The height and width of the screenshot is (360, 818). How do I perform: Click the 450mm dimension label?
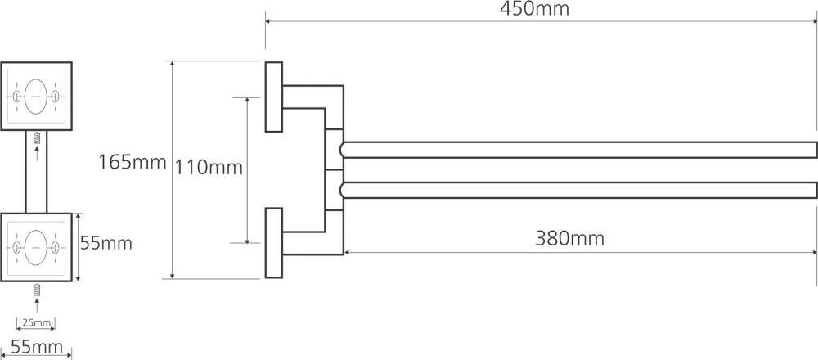[x=534, y=9]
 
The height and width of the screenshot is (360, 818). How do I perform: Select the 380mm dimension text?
[x=569, y=239]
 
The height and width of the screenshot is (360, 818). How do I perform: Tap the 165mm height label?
[x=132, y=162]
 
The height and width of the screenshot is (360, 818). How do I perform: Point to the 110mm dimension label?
[x=208, y=168]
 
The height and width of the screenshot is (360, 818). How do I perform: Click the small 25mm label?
[x=36, y=322]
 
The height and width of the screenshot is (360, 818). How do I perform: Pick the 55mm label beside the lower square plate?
[x=106, y=243]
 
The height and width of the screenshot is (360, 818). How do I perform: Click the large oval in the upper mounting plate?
[x=36, y=97]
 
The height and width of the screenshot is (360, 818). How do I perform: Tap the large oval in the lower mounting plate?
[x=36, y=247]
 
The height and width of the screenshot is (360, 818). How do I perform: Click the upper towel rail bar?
[x=578, y=150]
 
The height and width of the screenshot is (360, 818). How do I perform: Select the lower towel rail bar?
[x=578, y=191]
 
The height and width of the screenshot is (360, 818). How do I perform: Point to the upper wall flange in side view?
[x=274, y=97]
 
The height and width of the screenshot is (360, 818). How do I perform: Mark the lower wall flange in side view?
[x=274, y=243]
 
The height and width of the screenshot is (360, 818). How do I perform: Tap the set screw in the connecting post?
[x=37, y=139]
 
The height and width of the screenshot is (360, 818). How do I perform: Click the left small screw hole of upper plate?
[x=17, y=97]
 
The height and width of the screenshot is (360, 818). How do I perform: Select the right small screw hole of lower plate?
[x=56, y=247]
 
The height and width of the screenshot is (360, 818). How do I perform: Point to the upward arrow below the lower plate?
[x=37, y=304]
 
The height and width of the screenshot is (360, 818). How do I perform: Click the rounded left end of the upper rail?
[x=342, y=150]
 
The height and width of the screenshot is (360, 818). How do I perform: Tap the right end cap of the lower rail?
[x=816, y=191]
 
